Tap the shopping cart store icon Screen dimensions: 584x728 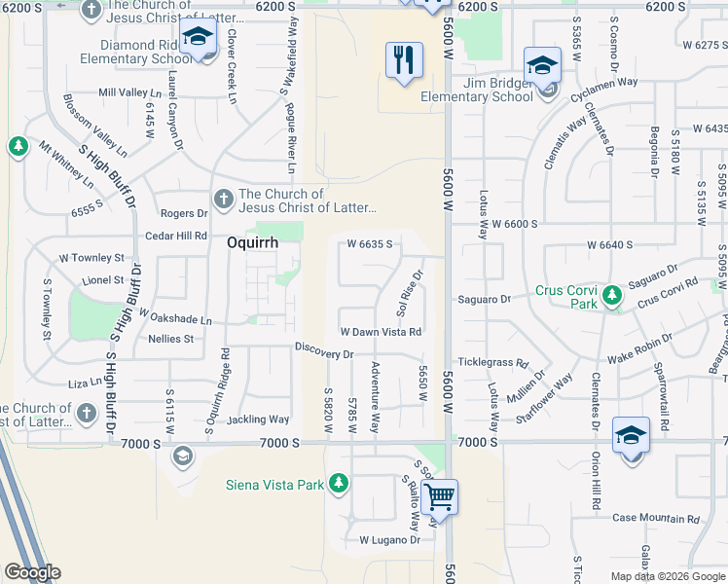click(440, 497)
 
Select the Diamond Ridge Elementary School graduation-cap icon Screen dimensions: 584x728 click(199, 40)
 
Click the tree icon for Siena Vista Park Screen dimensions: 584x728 click(338, 483)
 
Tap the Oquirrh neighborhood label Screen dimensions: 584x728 click(252, 243)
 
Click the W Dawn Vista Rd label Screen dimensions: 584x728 click(381, 332)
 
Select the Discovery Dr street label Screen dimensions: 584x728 click(324, 353)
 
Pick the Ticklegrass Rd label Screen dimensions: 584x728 click(492, 361)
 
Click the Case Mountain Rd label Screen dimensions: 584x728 click(656, 519)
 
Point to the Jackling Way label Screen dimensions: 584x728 click(258, 420)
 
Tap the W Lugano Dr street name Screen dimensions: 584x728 click(389, 539)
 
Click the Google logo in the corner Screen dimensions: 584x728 click(32, 572)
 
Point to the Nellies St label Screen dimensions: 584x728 click(171, 339)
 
